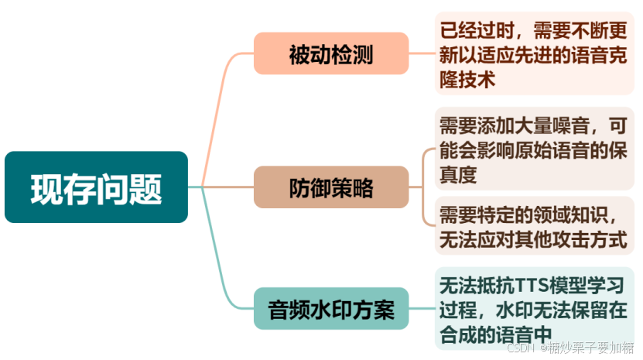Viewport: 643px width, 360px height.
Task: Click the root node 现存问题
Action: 96,187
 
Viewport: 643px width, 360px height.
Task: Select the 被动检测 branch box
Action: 330,54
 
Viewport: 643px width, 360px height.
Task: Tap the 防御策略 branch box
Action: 330,187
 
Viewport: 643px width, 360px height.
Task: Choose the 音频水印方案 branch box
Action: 330,310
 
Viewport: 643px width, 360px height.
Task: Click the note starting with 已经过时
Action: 533,54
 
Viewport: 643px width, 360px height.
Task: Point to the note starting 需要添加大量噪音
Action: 533,149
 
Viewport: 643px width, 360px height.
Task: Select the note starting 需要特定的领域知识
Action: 533,225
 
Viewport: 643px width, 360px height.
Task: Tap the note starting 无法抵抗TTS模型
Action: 533,308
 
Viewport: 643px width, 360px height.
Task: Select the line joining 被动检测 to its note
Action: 421,54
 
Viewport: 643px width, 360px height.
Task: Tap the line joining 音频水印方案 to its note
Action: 421,310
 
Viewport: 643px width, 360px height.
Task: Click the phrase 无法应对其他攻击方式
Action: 533,239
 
